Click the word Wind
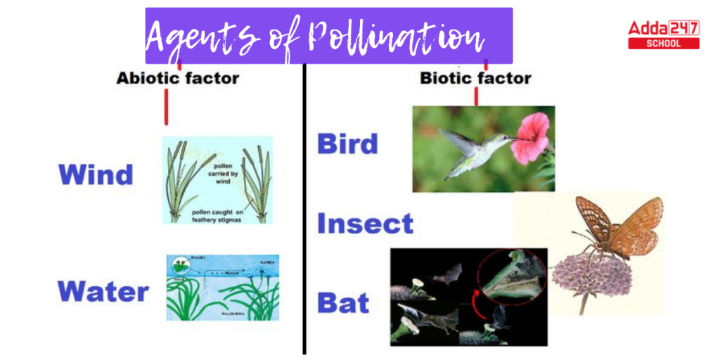[x=96, y=174]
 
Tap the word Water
[x=103, y=291]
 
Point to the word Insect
[x=365, y=224]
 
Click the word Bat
[x=343, y=303]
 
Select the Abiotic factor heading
[x=177, y=78]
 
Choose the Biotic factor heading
[x=475, y=78]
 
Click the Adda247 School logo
[x=663, y=34]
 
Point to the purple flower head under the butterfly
[x=591, y=274]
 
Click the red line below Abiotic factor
[x=167, y=108]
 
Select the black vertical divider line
[x=304, y=211]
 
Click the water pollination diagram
[x=222, y=288]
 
